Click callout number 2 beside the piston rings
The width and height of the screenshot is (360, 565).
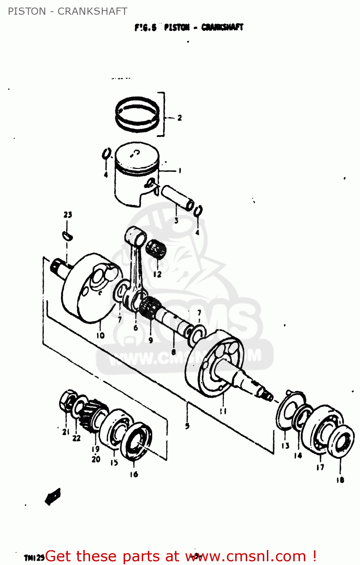(x=179, y=118)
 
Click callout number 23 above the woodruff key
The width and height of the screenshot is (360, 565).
(x=67, y=215)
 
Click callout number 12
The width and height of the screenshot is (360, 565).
(x=157, y=274)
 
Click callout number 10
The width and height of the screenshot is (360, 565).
(x=100, y=335)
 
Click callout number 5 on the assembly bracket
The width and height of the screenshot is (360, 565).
(x=187, y=426)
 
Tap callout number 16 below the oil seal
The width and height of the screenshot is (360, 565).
(x=134, y=474)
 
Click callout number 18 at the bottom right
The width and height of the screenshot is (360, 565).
(x=340, y=479)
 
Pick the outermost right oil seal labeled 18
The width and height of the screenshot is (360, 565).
(x=342, y=442)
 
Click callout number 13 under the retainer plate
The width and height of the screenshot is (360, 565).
(x=285, y=446)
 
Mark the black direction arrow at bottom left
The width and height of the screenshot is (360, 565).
(x=53, y=496)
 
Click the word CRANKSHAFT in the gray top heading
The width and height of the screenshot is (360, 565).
(x=92, y=11)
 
